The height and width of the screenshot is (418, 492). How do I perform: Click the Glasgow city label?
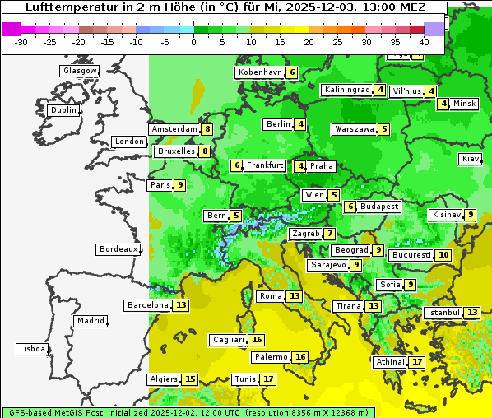80,71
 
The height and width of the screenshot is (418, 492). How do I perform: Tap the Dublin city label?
63,110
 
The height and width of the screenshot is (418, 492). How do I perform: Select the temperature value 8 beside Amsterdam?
207,129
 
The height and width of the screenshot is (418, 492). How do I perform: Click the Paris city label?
160,185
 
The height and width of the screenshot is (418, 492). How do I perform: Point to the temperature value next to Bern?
236,216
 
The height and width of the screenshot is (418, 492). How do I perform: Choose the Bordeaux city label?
118,249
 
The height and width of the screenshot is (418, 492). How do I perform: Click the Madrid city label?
90,321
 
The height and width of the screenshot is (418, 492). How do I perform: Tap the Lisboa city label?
32,349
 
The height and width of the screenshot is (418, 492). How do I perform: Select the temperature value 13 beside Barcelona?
181,305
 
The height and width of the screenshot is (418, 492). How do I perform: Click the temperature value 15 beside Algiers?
190,379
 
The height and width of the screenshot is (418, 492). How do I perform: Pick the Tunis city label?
244,379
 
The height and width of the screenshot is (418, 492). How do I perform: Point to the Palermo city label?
271,357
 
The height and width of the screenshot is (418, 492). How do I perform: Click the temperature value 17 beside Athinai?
417,362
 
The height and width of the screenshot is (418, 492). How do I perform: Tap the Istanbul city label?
443,313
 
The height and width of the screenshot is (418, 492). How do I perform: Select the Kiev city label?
471,159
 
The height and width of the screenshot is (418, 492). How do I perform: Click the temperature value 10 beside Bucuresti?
443,255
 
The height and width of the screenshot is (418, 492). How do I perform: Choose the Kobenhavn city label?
259,72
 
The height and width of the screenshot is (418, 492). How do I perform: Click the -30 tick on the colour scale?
22,42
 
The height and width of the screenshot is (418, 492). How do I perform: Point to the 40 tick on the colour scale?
424,42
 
